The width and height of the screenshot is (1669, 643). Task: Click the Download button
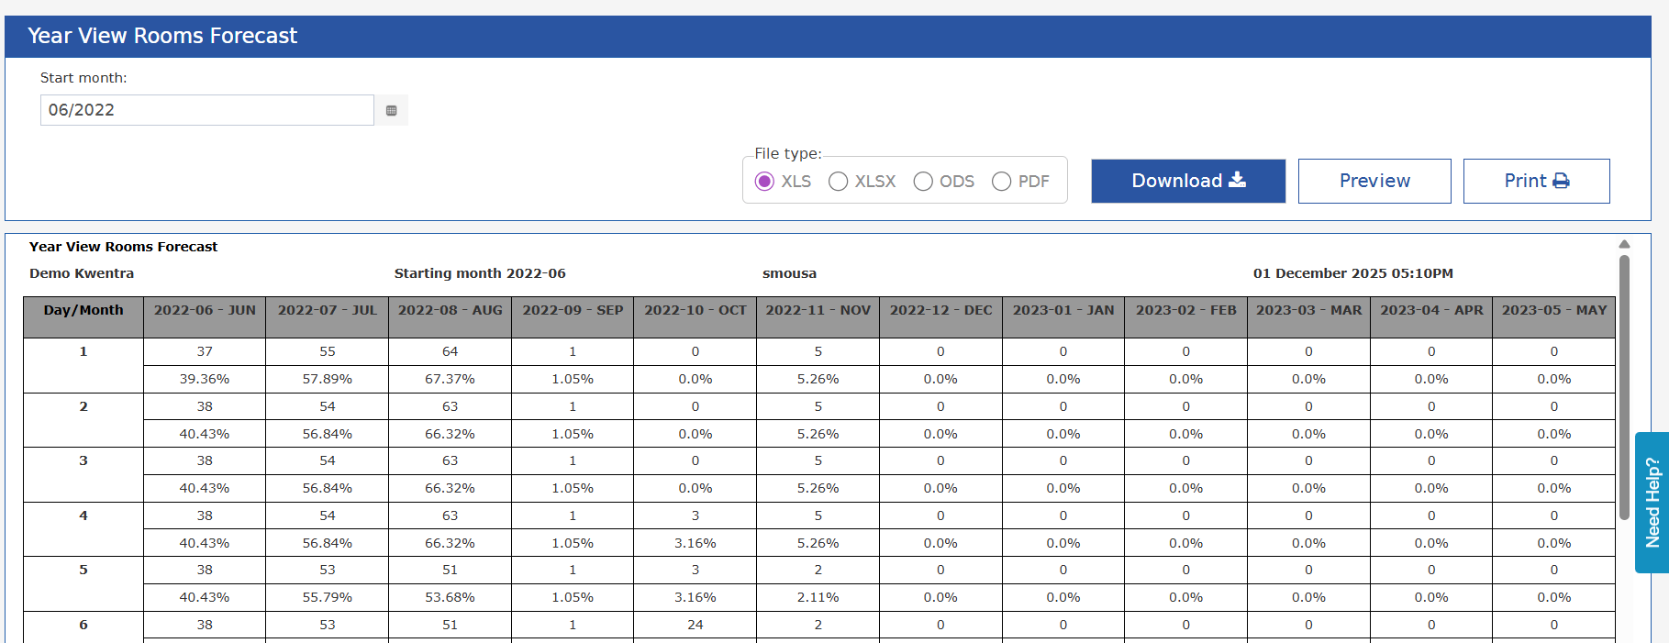pyautogui.click(x=1188, y=181)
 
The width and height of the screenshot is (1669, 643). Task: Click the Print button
pyautogui.click(x=1536, y=181)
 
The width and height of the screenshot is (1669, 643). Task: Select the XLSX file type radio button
pyautogui.click(x=838, y=182)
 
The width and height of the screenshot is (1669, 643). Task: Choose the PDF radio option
pyautogui.click(x=1002, y=182)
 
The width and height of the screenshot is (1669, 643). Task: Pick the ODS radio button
pyautogui.click(x=923, y=182)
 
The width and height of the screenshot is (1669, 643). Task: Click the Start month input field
pyautogui.click(x=207, y=110)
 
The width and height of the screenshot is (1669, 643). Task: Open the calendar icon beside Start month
pyautogui.click(x=392, y=110)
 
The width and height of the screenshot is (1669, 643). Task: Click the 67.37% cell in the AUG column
pyautogui.click(x=450, y=379)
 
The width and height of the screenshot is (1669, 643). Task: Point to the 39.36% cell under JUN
pyautogui.click(x=205, y=379)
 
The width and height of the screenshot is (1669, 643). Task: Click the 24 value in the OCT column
pyautogui.click(x=695, y=625)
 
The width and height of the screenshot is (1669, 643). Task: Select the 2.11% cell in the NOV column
pyautogui.click(x=818, y=597)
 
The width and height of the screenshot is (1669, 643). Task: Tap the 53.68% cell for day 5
pyautogui.click(x=450, y=597)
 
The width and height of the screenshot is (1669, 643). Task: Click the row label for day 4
pyautogui.click(x=83, y=516)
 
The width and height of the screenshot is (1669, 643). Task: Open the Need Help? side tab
pyautogui.click(x=1652, y=503)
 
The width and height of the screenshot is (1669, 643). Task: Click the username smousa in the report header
pyautogui.click(x=789, y=273)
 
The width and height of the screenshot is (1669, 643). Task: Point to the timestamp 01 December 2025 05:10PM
pyautogui.click(x=1353, y=273)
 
